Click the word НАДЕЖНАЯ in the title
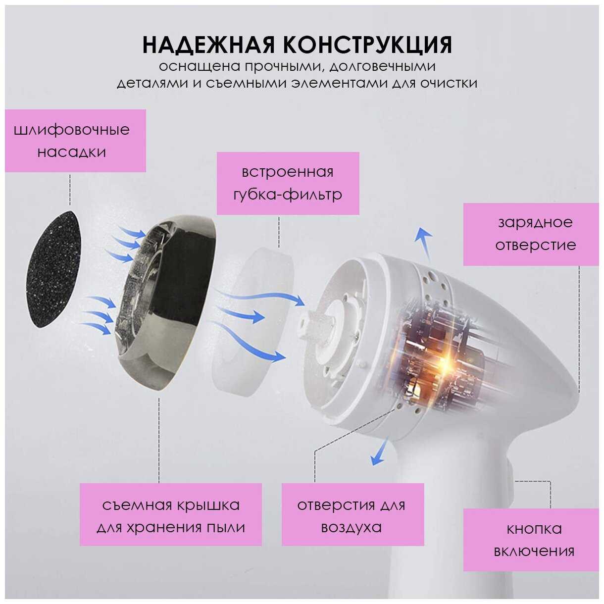[209, 46]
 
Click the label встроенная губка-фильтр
[288, 183]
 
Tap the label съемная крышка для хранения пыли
[170, 519]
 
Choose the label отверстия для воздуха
[352, 519]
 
